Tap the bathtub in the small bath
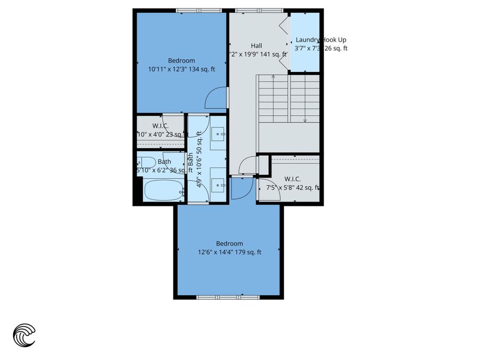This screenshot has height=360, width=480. (x=164, y=190)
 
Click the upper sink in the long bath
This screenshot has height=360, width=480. (x=219, y=134)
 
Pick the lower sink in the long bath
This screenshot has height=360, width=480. (x=219, y=185)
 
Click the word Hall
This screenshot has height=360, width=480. (x=257, y=46)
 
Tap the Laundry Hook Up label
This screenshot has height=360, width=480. (x=321, y=39)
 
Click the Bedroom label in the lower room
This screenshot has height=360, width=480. (x=229, y=244)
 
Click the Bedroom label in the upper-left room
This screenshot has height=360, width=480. (x=181, y=60)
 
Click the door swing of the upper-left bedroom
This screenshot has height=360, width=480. (x=217, y=97)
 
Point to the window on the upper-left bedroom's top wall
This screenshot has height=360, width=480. (x=199, y=10)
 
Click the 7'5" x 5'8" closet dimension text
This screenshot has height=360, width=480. (x=289, y=187)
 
